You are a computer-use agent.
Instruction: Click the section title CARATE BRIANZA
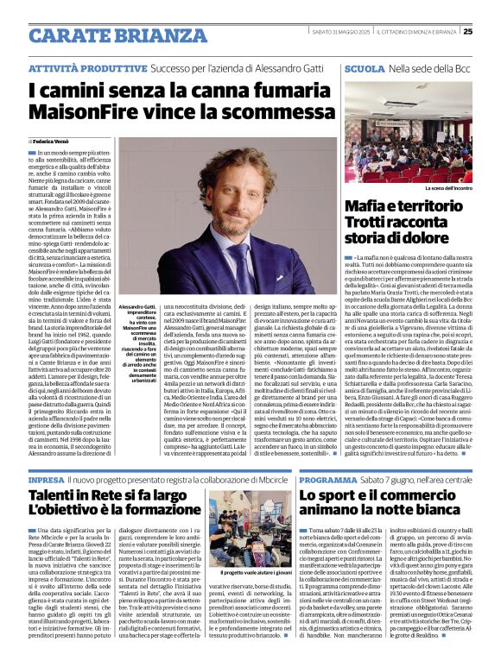105,35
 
